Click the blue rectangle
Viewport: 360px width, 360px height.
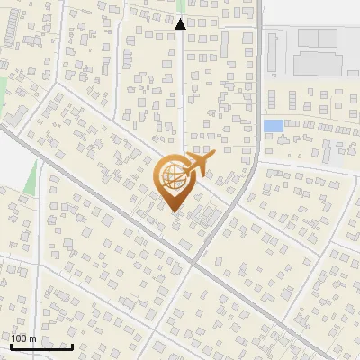point(274,126)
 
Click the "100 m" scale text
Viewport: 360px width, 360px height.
point(23,337)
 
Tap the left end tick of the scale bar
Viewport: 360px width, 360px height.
point(12,345)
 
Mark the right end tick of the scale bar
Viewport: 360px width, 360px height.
point(72,345)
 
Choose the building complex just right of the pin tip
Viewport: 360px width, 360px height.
point(206,217)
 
